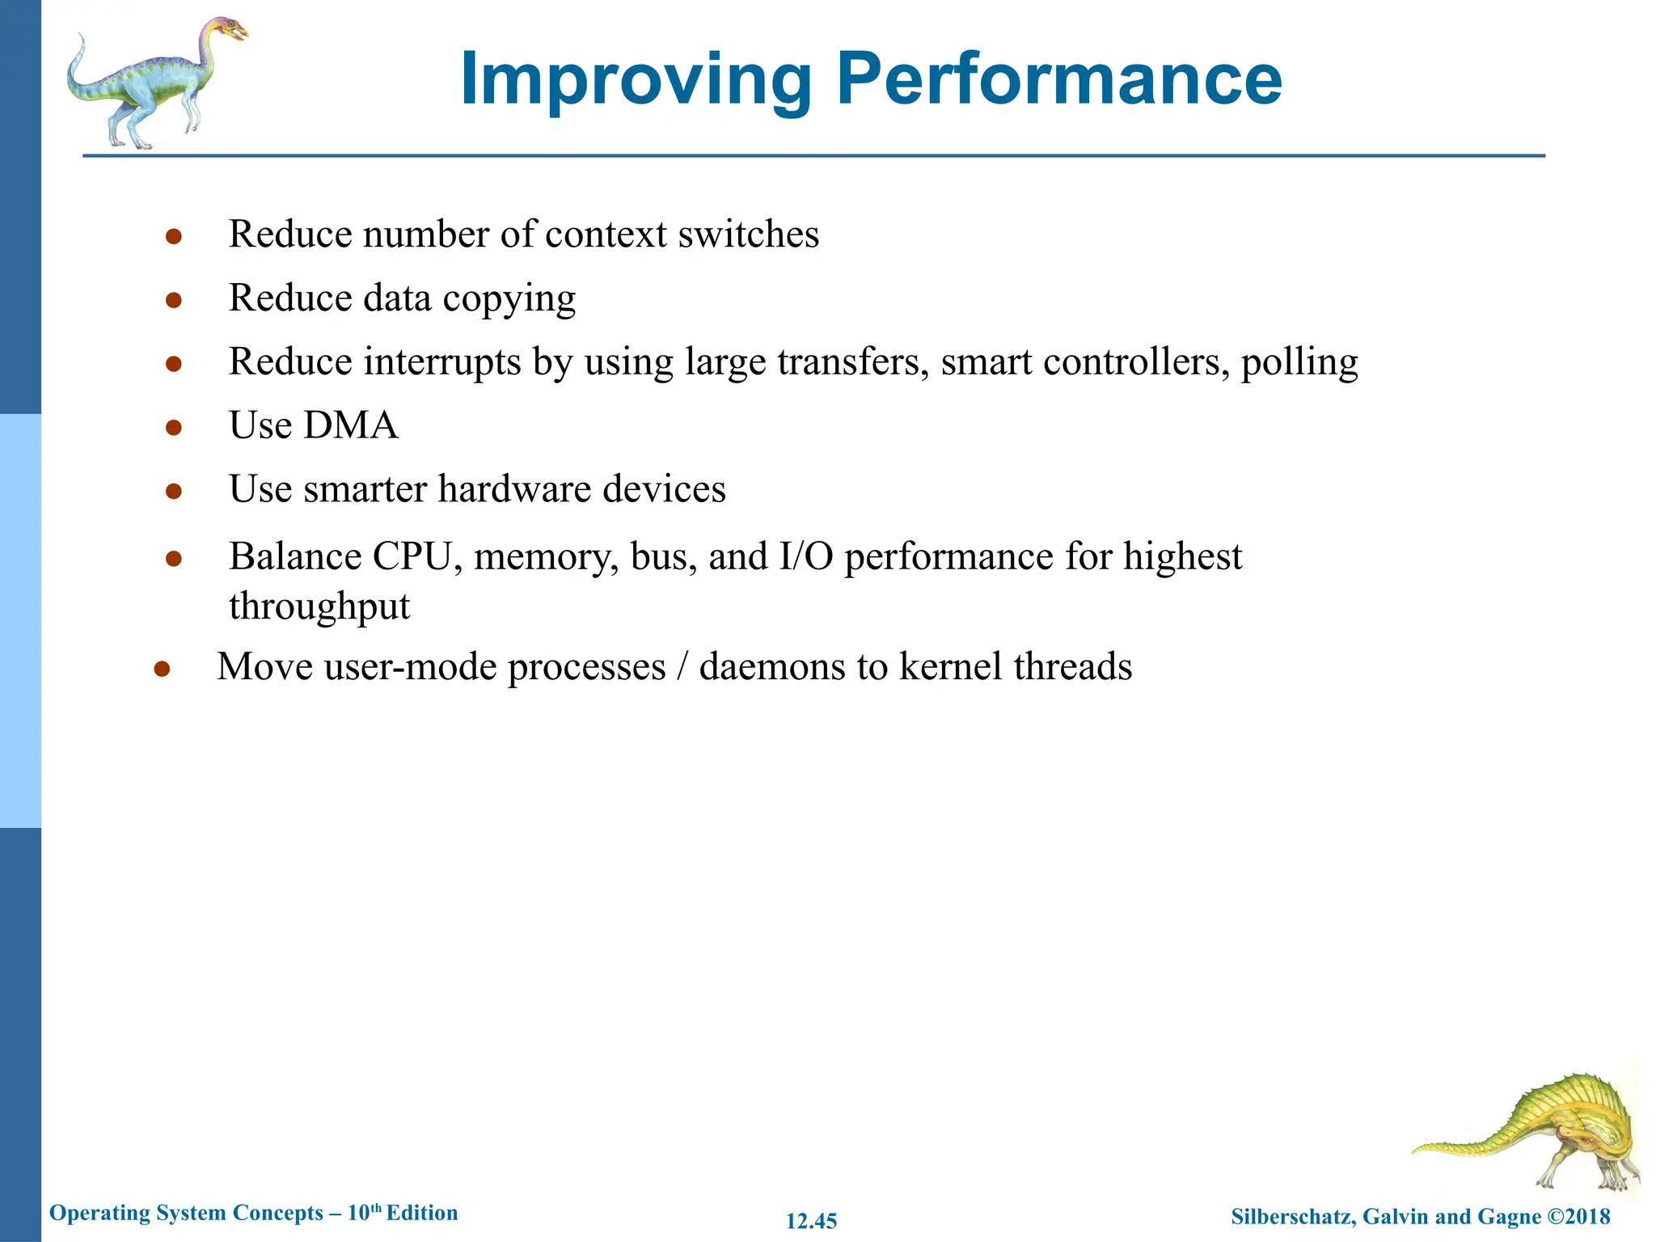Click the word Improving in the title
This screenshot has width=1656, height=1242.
[636, 80]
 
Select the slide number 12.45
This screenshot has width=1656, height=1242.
[811, 1221]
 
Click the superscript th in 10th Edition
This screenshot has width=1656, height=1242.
[376, 1208]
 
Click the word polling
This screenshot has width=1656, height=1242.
[1299, 361]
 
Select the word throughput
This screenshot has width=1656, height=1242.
[319, 606]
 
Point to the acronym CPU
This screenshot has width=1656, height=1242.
[412, 556]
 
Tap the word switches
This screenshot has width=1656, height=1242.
[748, 234]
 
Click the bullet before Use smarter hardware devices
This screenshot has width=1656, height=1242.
[173, 491]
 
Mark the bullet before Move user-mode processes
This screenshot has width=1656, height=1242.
[162, 668]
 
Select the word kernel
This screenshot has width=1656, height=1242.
[950, 666]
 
